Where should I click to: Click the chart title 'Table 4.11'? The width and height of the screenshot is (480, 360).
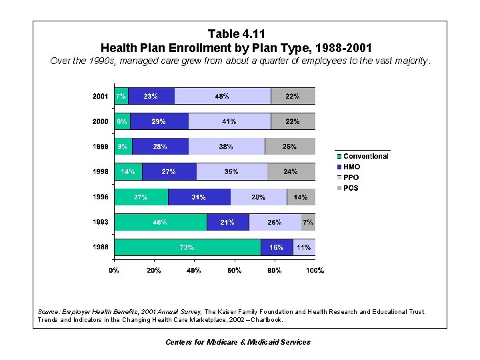click(x=236, y=33)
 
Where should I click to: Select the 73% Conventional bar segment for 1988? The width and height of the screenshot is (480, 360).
click(x=187, y=247)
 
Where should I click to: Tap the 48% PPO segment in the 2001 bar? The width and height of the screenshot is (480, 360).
click(x=222, y=96)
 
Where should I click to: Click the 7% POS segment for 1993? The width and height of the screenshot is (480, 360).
click(x=307, y=222)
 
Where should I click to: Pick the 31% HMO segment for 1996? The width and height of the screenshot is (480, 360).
click(x=199, y=197)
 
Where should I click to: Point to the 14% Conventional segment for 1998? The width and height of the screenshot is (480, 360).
click(x=127, y=172)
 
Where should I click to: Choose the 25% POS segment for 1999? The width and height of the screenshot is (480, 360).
click(x=290, y=147)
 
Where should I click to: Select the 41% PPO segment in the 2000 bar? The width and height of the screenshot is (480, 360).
click(x=229, y=121)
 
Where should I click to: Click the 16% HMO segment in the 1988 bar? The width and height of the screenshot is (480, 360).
click(x=276, y=247)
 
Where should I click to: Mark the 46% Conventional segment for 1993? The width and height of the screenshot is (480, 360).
click(x=160, y=222)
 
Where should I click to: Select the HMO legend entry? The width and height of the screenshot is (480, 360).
click(x=351, y=167)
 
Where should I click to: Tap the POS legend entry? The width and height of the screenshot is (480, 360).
click(x=350, y=188)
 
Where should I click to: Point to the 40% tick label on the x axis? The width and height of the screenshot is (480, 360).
click(x=194, y=271)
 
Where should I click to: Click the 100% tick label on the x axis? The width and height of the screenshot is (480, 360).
click(x=315, y=271)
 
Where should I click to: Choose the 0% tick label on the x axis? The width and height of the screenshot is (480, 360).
click(x=114, y=271)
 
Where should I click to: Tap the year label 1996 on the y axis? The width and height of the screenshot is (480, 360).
click(x=100, y=197)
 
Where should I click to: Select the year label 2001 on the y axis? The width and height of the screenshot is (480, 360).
click(x=100, y=96)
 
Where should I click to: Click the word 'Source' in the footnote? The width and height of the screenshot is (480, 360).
click(x=49, y=311)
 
